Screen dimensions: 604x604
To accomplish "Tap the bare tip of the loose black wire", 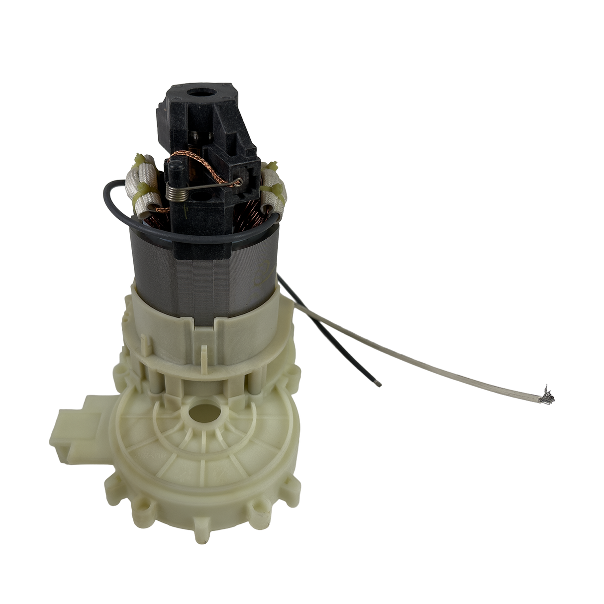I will (379, 384).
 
